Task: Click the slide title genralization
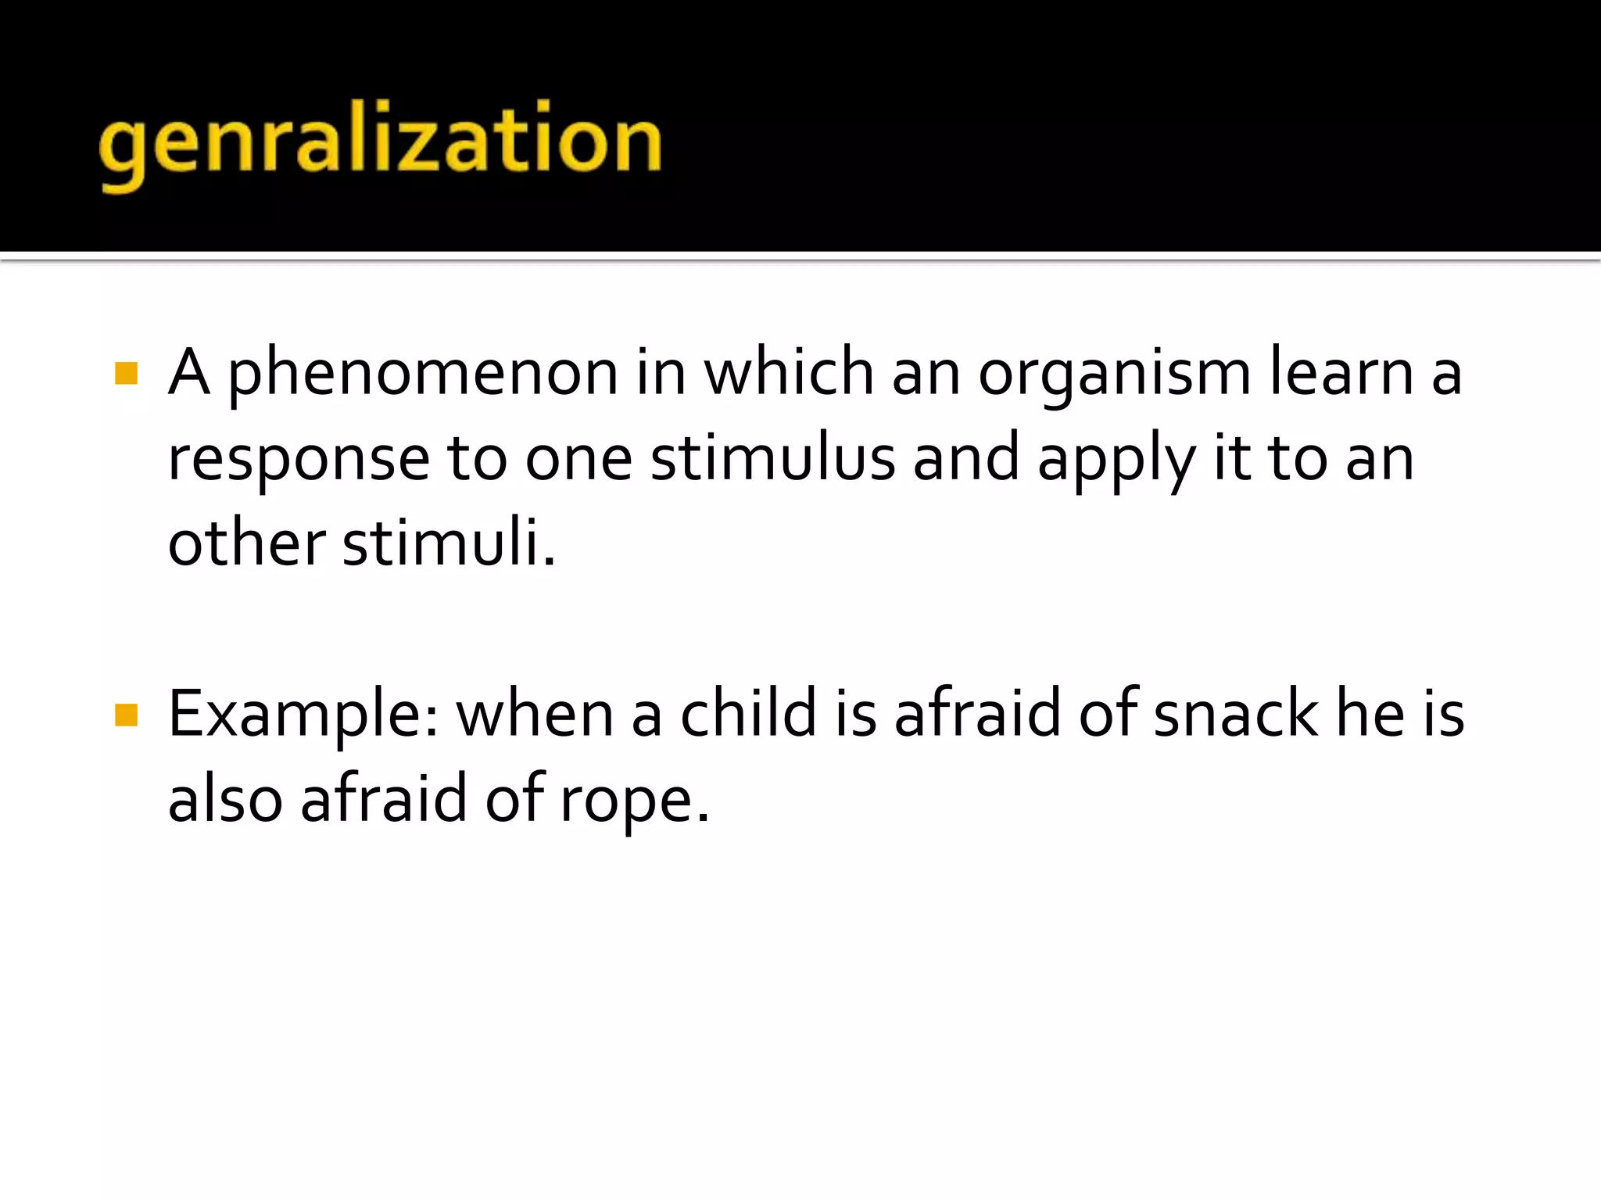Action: click(x=381, y=142)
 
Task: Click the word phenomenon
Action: click(x=423, y=373)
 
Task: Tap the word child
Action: click(x=748, y=713)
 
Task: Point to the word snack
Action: click(x=1235, y=713)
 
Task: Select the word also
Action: click(x=225, y=799)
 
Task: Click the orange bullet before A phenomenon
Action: click(x=126, y=373)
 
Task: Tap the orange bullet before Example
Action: click(x=126, y=714)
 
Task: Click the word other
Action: click(x=246, y=543)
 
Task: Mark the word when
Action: click(x=535, y=714)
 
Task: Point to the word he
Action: click(x=1370, y=713)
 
